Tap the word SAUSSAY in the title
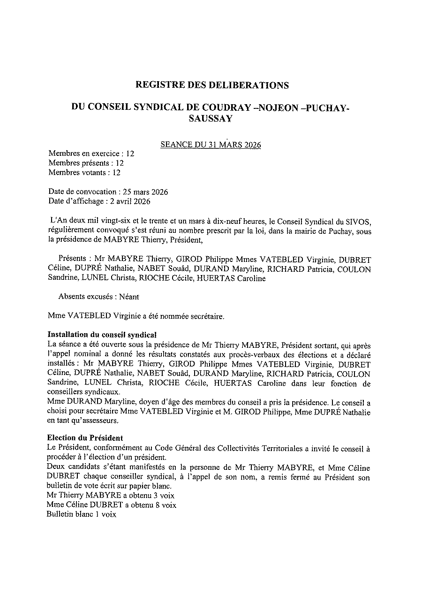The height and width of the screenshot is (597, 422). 211,119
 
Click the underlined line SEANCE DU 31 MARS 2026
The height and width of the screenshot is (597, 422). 211,145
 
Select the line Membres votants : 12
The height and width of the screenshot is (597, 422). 84,172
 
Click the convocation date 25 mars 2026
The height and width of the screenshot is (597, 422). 145,191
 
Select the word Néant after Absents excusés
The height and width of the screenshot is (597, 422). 129,297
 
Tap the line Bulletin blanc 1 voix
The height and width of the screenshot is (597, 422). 81,514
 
